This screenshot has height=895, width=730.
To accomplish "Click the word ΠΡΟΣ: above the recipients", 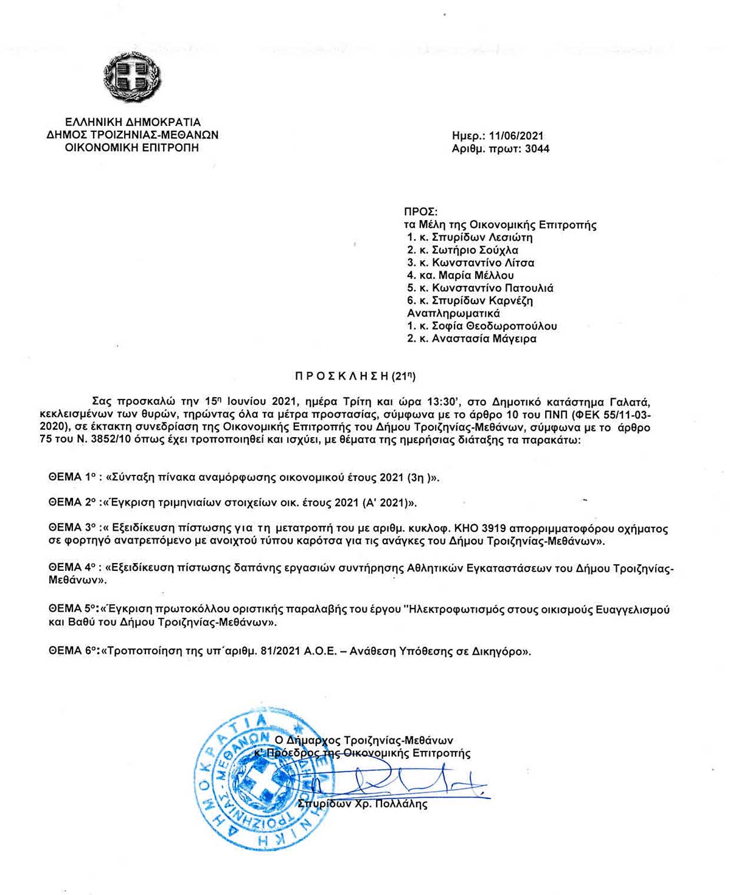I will (x=420, y=212).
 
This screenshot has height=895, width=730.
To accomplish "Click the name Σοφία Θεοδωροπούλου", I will (x=494, y=326).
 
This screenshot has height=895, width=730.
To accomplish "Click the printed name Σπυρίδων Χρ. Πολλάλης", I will (x=363, y=804).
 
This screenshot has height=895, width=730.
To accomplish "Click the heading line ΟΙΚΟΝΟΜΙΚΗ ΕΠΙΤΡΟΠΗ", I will (x=132, y=148).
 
